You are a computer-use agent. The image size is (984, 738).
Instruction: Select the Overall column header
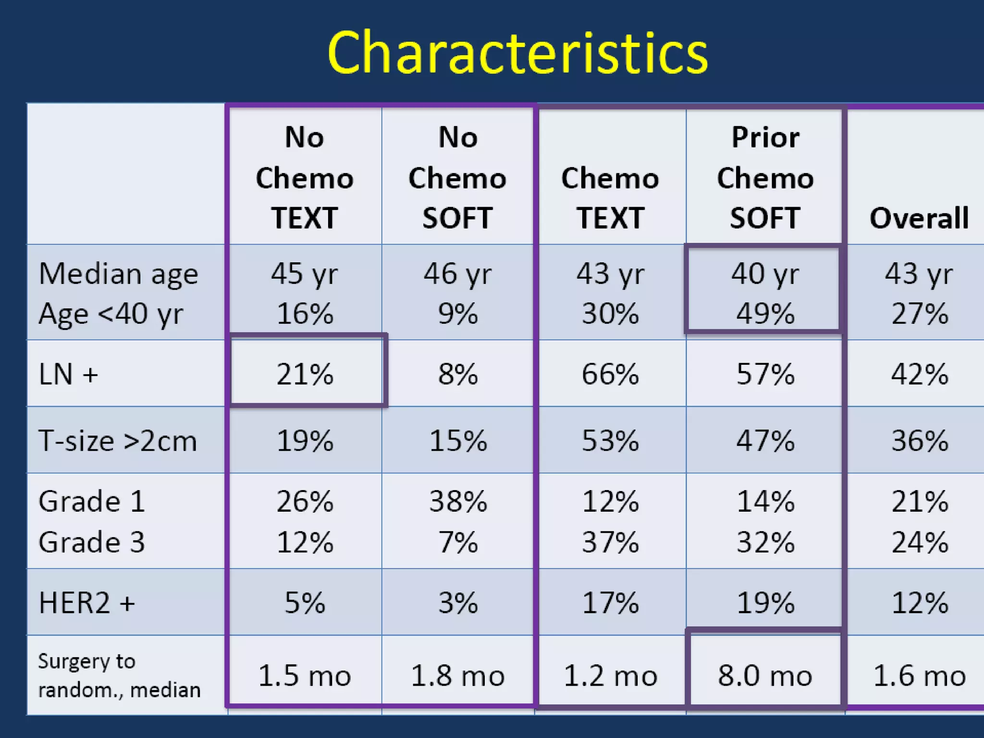(x=919, y=218)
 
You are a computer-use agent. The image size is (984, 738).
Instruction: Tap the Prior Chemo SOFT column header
(x=765, y=178)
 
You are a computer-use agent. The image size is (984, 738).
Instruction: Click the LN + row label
(x=68, y=374)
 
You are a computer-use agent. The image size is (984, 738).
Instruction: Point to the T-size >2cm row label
(x=118, y=441)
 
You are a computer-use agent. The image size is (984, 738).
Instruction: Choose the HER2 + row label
(x=86, y=603)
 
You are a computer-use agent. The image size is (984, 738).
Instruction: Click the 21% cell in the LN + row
(x=305, y=374)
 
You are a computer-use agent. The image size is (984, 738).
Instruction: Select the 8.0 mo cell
(x=765, y=676)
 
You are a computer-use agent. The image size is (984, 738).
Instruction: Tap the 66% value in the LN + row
(x=610, y=374)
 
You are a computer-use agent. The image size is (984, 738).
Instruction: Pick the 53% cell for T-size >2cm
(x=610, y=441)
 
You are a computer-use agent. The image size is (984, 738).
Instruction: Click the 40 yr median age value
(x=765, y=274)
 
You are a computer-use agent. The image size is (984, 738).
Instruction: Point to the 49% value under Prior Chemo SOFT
(x=765, y=314)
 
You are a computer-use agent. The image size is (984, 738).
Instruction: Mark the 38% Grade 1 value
(x=458, y=502)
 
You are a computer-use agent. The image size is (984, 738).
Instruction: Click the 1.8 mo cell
(x=458, y=676)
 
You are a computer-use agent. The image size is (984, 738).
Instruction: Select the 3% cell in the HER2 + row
(x=458, y=603)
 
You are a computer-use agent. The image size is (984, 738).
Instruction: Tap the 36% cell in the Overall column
(x=920, y=441)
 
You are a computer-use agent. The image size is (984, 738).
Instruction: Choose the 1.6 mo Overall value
(x=920, y=676)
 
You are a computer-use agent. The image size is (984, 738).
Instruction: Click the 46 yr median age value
(x=458, y=274)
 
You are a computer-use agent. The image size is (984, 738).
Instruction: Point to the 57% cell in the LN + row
(x=765, y=374)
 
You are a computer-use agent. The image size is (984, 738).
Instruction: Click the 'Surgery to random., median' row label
(x=119, y=676)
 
